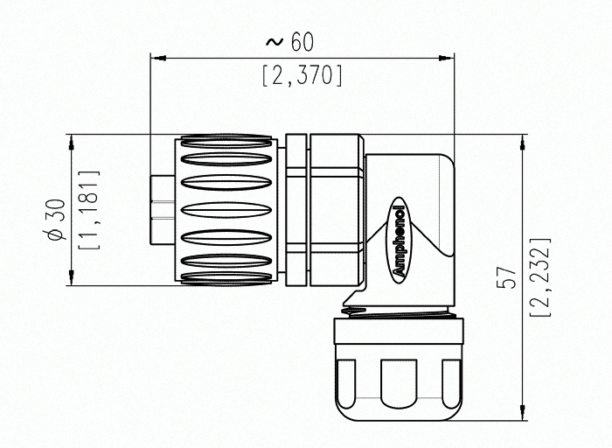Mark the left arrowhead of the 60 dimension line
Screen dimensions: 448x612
pyautogui.click(x=158, y=59)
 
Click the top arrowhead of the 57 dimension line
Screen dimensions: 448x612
pyautogui.click(x=522, y=140)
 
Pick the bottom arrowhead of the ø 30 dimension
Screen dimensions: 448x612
pyautogui.click(x=69, y=280)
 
